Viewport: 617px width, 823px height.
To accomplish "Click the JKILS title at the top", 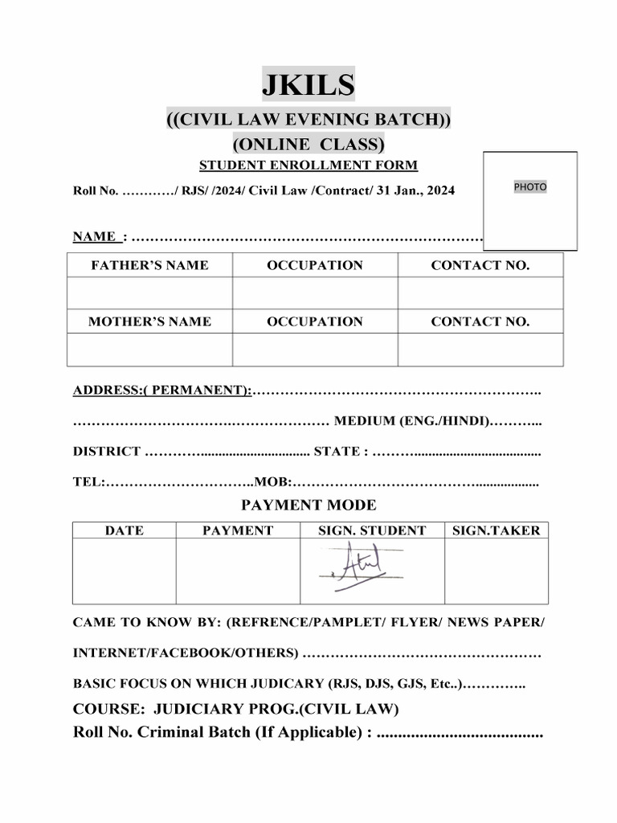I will click(308, 84).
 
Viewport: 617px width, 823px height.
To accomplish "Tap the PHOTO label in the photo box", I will click(529, 186).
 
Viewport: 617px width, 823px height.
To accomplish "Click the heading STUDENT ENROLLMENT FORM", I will click(308, 166).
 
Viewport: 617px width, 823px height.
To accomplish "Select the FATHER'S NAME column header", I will click(149, 265).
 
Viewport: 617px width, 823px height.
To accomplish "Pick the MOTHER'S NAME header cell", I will click(149, 321).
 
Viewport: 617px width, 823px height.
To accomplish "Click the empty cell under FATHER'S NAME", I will click(149, 293).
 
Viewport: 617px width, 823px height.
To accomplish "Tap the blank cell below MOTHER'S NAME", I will click(149, 350).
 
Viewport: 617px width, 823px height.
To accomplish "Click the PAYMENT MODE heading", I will click(308, 506).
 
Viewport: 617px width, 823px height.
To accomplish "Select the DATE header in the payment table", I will click(125, 530).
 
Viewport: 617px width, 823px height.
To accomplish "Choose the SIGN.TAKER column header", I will click(496, 530).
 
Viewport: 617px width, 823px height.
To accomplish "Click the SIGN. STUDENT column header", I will click(372, 530).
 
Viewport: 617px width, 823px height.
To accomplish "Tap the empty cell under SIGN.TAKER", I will click(496, 571).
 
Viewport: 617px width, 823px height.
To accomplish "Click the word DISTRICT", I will click(107, 452).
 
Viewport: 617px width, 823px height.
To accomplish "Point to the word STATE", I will click(337, 452).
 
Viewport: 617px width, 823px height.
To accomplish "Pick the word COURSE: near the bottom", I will click(108, 709).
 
